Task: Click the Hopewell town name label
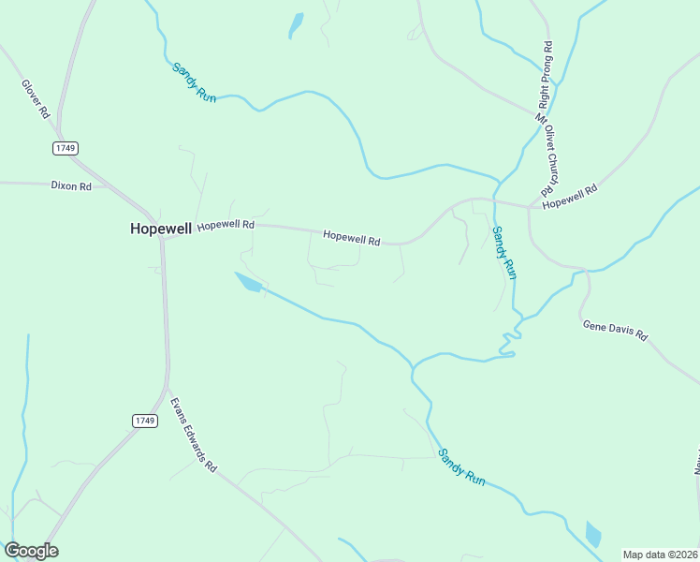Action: tap(161, 228)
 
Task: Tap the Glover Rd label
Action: tap(36, 98)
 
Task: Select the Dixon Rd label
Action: tap(71, 186)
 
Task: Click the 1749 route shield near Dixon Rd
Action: tap(65, 148)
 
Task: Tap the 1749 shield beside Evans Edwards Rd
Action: tap(143, 421)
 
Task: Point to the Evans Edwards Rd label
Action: tap(193, 436)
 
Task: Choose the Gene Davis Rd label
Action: tap(615, 330)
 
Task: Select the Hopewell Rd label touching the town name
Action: tap(226, 225)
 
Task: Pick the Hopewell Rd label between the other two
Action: tap(351, 238)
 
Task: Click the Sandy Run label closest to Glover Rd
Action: tap(194, 81)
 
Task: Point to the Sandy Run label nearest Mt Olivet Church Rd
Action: tap(504, 252)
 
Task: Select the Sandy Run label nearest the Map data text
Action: tap(461, 466)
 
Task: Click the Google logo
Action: tap(32, 551)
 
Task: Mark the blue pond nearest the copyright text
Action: tap(592, 534)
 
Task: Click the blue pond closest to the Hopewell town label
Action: tap(248, 282)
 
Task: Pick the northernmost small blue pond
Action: tap(296, 25)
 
